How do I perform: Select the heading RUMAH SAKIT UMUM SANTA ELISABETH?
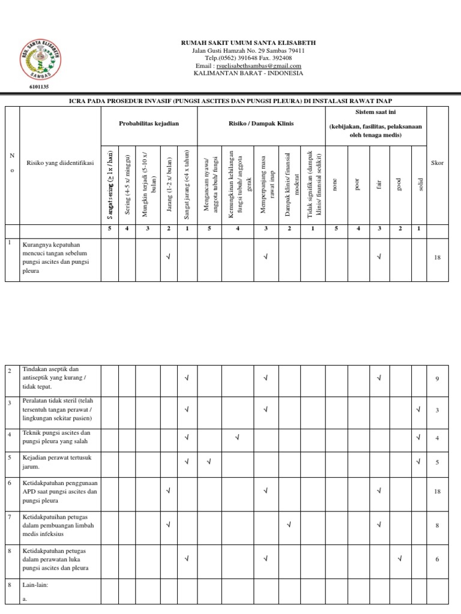point(248,43)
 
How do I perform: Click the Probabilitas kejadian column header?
point(149,123)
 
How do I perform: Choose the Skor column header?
point(437,163)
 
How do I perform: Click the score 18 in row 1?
point(437,258)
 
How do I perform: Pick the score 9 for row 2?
point(438,378)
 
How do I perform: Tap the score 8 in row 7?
point(438,525)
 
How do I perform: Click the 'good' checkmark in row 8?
point(399,559)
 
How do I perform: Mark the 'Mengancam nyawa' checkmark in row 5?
point(209,461)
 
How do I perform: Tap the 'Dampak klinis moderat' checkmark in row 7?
point(289,525)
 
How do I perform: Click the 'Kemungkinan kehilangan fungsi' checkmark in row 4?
point(237,437)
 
